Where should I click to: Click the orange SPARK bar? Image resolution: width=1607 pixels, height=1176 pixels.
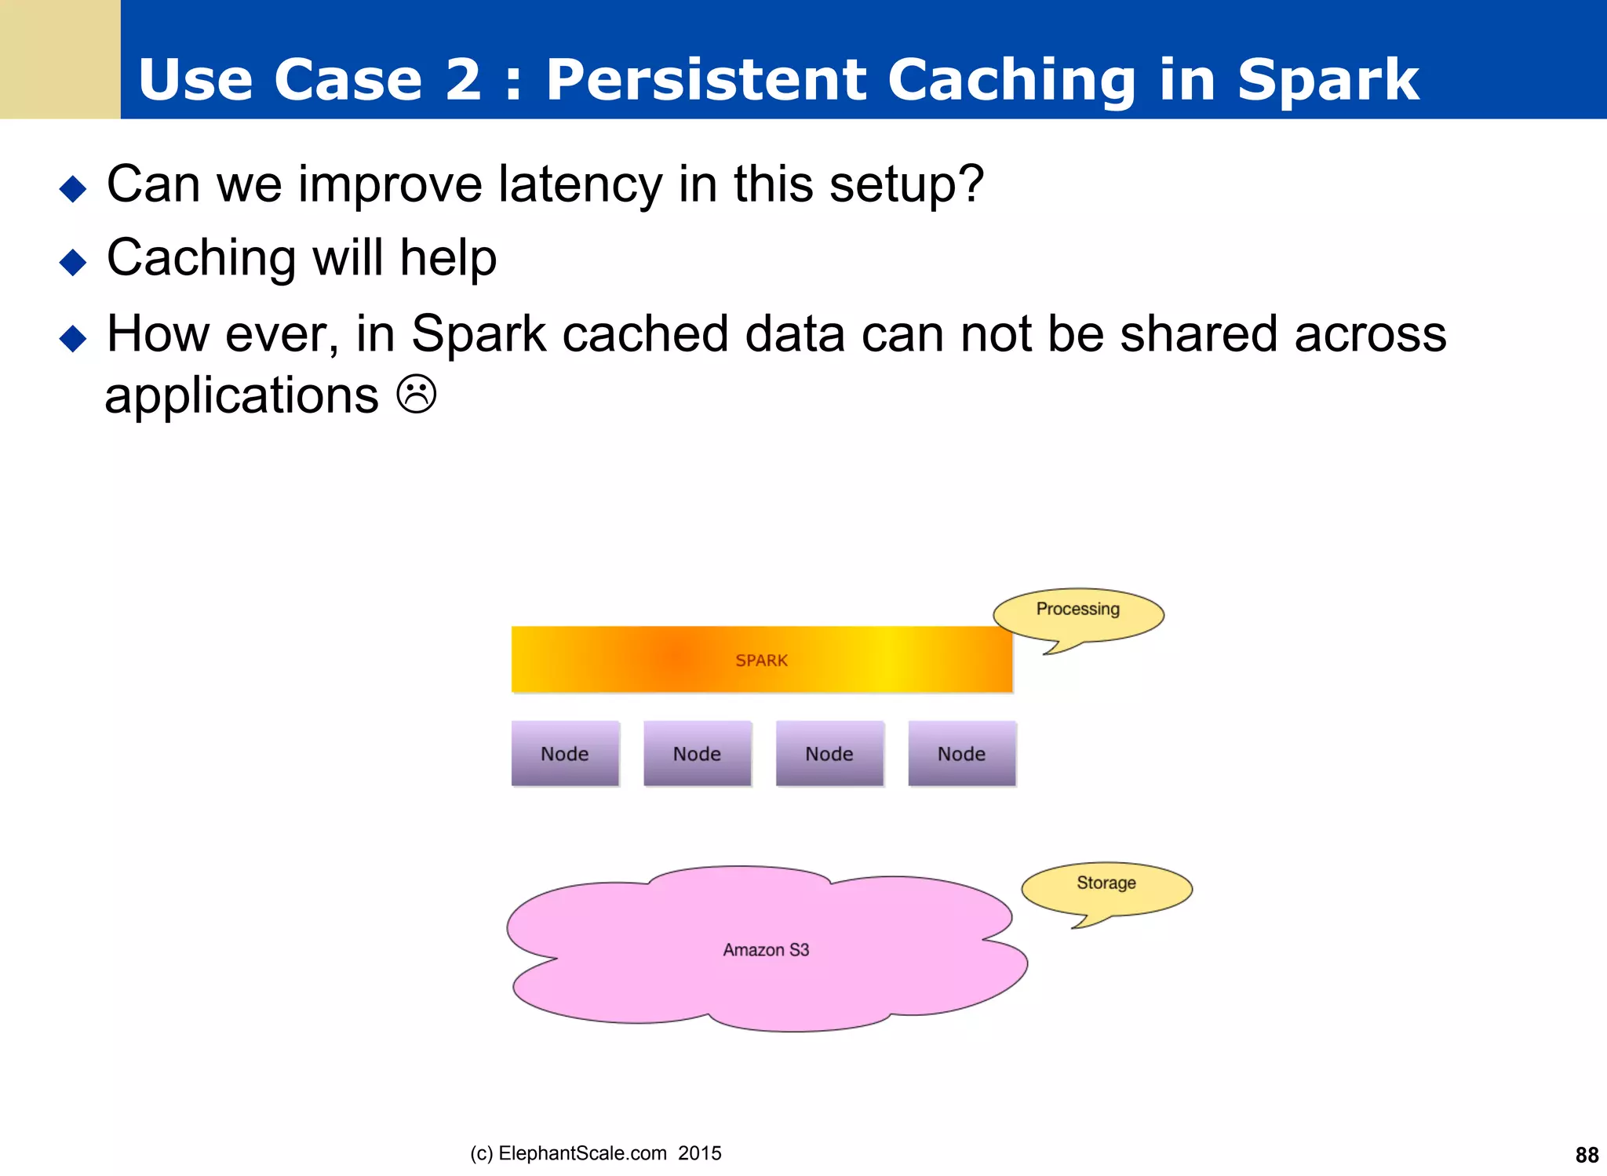point(761,660)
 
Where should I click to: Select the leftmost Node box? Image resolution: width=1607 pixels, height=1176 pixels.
point(565,754)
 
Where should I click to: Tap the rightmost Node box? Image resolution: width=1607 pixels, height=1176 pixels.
point(961,754)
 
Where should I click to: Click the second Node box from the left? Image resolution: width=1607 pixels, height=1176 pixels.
point(697,754)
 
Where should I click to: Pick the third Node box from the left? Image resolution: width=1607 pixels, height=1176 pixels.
point(829,754)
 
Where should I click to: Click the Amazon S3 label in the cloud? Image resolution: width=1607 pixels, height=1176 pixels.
point(766,950)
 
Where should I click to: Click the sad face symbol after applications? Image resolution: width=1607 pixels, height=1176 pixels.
point(416,395)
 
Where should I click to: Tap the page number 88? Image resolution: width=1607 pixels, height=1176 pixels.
point(1587,1155)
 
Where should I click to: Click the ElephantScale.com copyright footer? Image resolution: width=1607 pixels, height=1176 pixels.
point(596,1153)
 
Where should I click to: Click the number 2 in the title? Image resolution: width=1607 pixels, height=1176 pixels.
point(463,79)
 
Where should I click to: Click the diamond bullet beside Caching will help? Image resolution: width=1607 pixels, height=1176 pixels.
point(73,262)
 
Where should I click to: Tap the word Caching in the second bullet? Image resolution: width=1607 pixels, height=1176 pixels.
point(201,259)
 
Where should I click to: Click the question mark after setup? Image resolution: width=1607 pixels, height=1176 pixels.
point(971,184)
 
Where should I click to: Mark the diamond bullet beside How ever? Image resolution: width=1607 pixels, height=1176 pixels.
point(73,338)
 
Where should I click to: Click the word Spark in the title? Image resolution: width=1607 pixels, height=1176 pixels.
point(1328,79)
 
